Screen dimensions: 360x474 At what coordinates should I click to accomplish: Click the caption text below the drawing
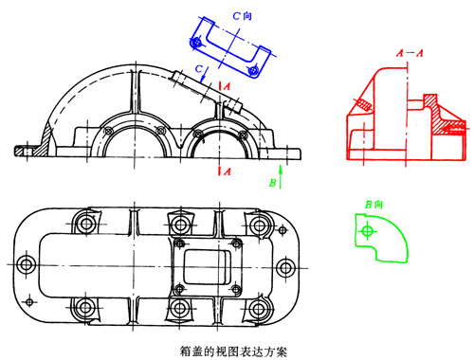[x=234, y=348]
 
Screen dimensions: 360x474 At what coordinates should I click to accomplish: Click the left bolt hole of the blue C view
[x=196, y=44]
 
